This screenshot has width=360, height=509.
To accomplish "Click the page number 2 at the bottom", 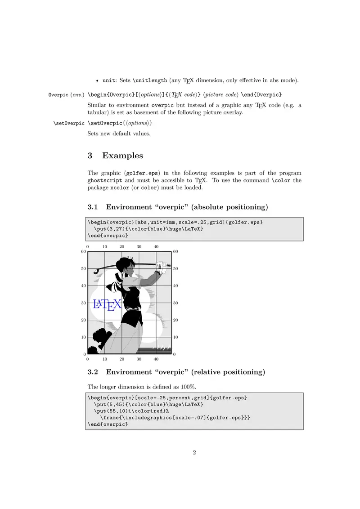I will tap(194, 452).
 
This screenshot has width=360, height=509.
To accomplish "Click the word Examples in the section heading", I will tap(122, 156).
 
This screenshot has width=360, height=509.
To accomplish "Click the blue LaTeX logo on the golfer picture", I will tap(107, 304).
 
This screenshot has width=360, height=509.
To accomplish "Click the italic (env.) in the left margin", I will tap(77, 95).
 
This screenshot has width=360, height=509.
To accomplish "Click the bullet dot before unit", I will tap(98, 81).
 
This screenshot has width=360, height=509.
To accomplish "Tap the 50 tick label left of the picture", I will tap(83, 268).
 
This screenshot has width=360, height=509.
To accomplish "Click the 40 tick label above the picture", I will tap(156, 246).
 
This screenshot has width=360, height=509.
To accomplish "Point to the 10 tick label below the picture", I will tap(104, 359).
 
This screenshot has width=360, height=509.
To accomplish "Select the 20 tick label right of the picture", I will tap(175, 320).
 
